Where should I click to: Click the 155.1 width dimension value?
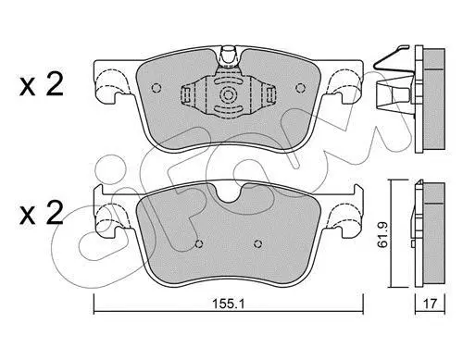(228, 304)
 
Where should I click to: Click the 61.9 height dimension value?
(382, 234)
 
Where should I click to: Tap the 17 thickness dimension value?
(430, 304)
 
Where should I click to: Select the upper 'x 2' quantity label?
(42, 84)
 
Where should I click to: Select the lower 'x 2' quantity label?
(42, 212)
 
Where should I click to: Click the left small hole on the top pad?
(156, 88)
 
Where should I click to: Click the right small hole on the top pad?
(300, 88)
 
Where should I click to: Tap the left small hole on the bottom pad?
(199, 243)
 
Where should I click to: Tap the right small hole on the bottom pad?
(257, 243)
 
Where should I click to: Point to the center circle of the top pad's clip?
(228, 94)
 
